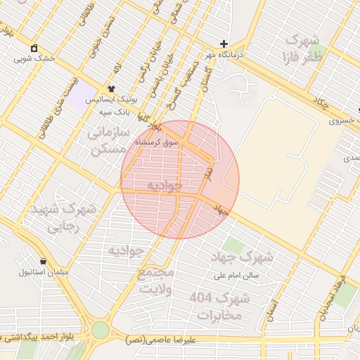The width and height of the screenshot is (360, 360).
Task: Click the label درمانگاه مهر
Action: (x=223, y=54)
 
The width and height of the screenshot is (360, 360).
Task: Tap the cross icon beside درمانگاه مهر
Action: (x=224, y=44)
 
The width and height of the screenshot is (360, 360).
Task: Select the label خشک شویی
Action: (x=34, y=59)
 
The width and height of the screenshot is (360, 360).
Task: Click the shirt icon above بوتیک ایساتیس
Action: (x=111, y=89)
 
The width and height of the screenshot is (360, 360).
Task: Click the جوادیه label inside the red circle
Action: (x=165, y=186)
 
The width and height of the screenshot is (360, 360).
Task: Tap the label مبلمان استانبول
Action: (x=42, y=271)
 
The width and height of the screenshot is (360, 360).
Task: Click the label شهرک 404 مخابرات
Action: (x=219, y=307)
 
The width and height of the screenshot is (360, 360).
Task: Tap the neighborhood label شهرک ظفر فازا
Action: (x=302, y=48)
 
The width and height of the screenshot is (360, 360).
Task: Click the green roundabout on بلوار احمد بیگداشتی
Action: (x=101, y=330)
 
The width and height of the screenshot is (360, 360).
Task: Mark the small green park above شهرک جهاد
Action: (x=234, y=245)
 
